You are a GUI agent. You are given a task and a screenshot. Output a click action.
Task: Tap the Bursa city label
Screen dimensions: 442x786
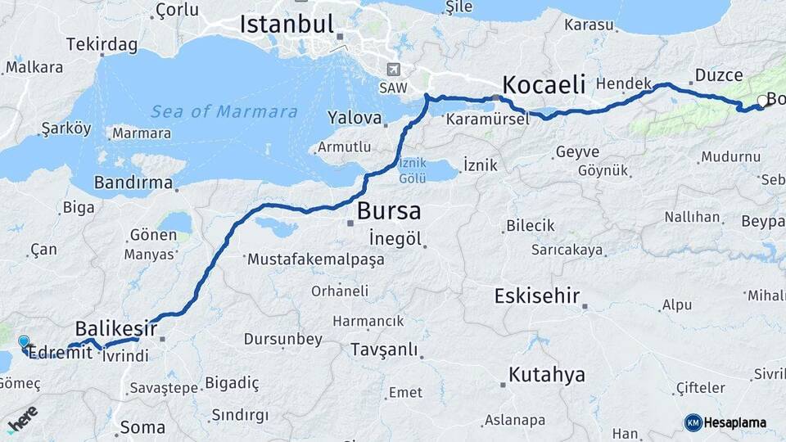click(x=389, y=211)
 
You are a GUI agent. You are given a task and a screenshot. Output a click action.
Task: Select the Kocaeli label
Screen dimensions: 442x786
click(x=544, y=83)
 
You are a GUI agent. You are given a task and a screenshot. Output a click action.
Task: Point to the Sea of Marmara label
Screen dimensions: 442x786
click(x=224, y=111)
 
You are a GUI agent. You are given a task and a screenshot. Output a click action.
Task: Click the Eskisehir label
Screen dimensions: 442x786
click(x=537, y=295)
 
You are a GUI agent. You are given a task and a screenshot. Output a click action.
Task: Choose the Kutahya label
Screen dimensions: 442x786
click(x=547, y=375)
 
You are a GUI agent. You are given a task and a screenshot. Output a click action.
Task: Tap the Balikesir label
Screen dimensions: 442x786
click(x=116, y=328)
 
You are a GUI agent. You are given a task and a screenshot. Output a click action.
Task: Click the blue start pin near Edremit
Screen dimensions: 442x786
click(x=24, y=342)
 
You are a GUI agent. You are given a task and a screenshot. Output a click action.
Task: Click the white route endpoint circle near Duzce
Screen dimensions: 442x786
click(x=763, y=101)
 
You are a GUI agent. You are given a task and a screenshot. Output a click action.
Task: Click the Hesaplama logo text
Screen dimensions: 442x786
click(x=734, y=422)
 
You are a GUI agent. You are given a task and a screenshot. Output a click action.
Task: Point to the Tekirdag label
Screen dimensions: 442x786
click(x=102, y=44)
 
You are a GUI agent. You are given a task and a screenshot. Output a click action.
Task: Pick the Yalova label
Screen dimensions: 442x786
click(x=355, y=118)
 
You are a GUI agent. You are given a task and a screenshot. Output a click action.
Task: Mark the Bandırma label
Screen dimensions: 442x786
click(x=133, y=182)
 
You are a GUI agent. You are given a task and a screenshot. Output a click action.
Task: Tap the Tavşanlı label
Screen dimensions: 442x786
click(x=384, y=350)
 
